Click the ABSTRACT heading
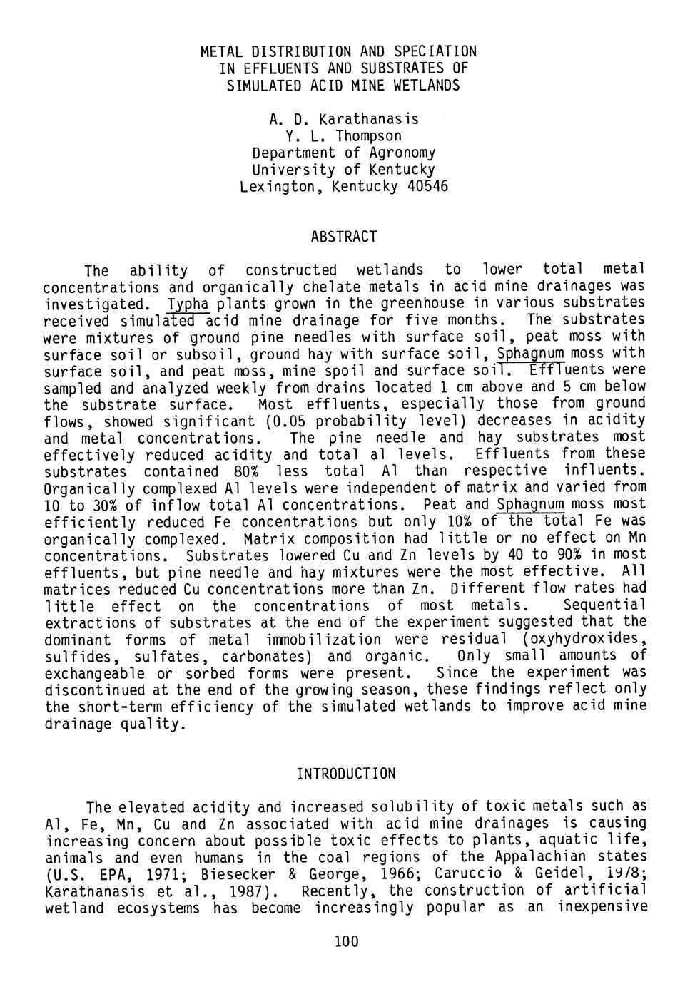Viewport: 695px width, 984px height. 343,236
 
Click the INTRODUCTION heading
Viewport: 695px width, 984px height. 345,774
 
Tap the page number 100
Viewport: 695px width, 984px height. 346,942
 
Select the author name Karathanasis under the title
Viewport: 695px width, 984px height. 369,118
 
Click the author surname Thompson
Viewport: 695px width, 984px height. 369,135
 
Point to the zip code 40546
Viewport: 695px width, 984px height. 427,187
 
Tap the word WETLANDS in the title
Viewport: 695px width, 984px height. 424,86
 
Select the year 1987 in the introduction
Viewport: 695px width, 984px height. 254,891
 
